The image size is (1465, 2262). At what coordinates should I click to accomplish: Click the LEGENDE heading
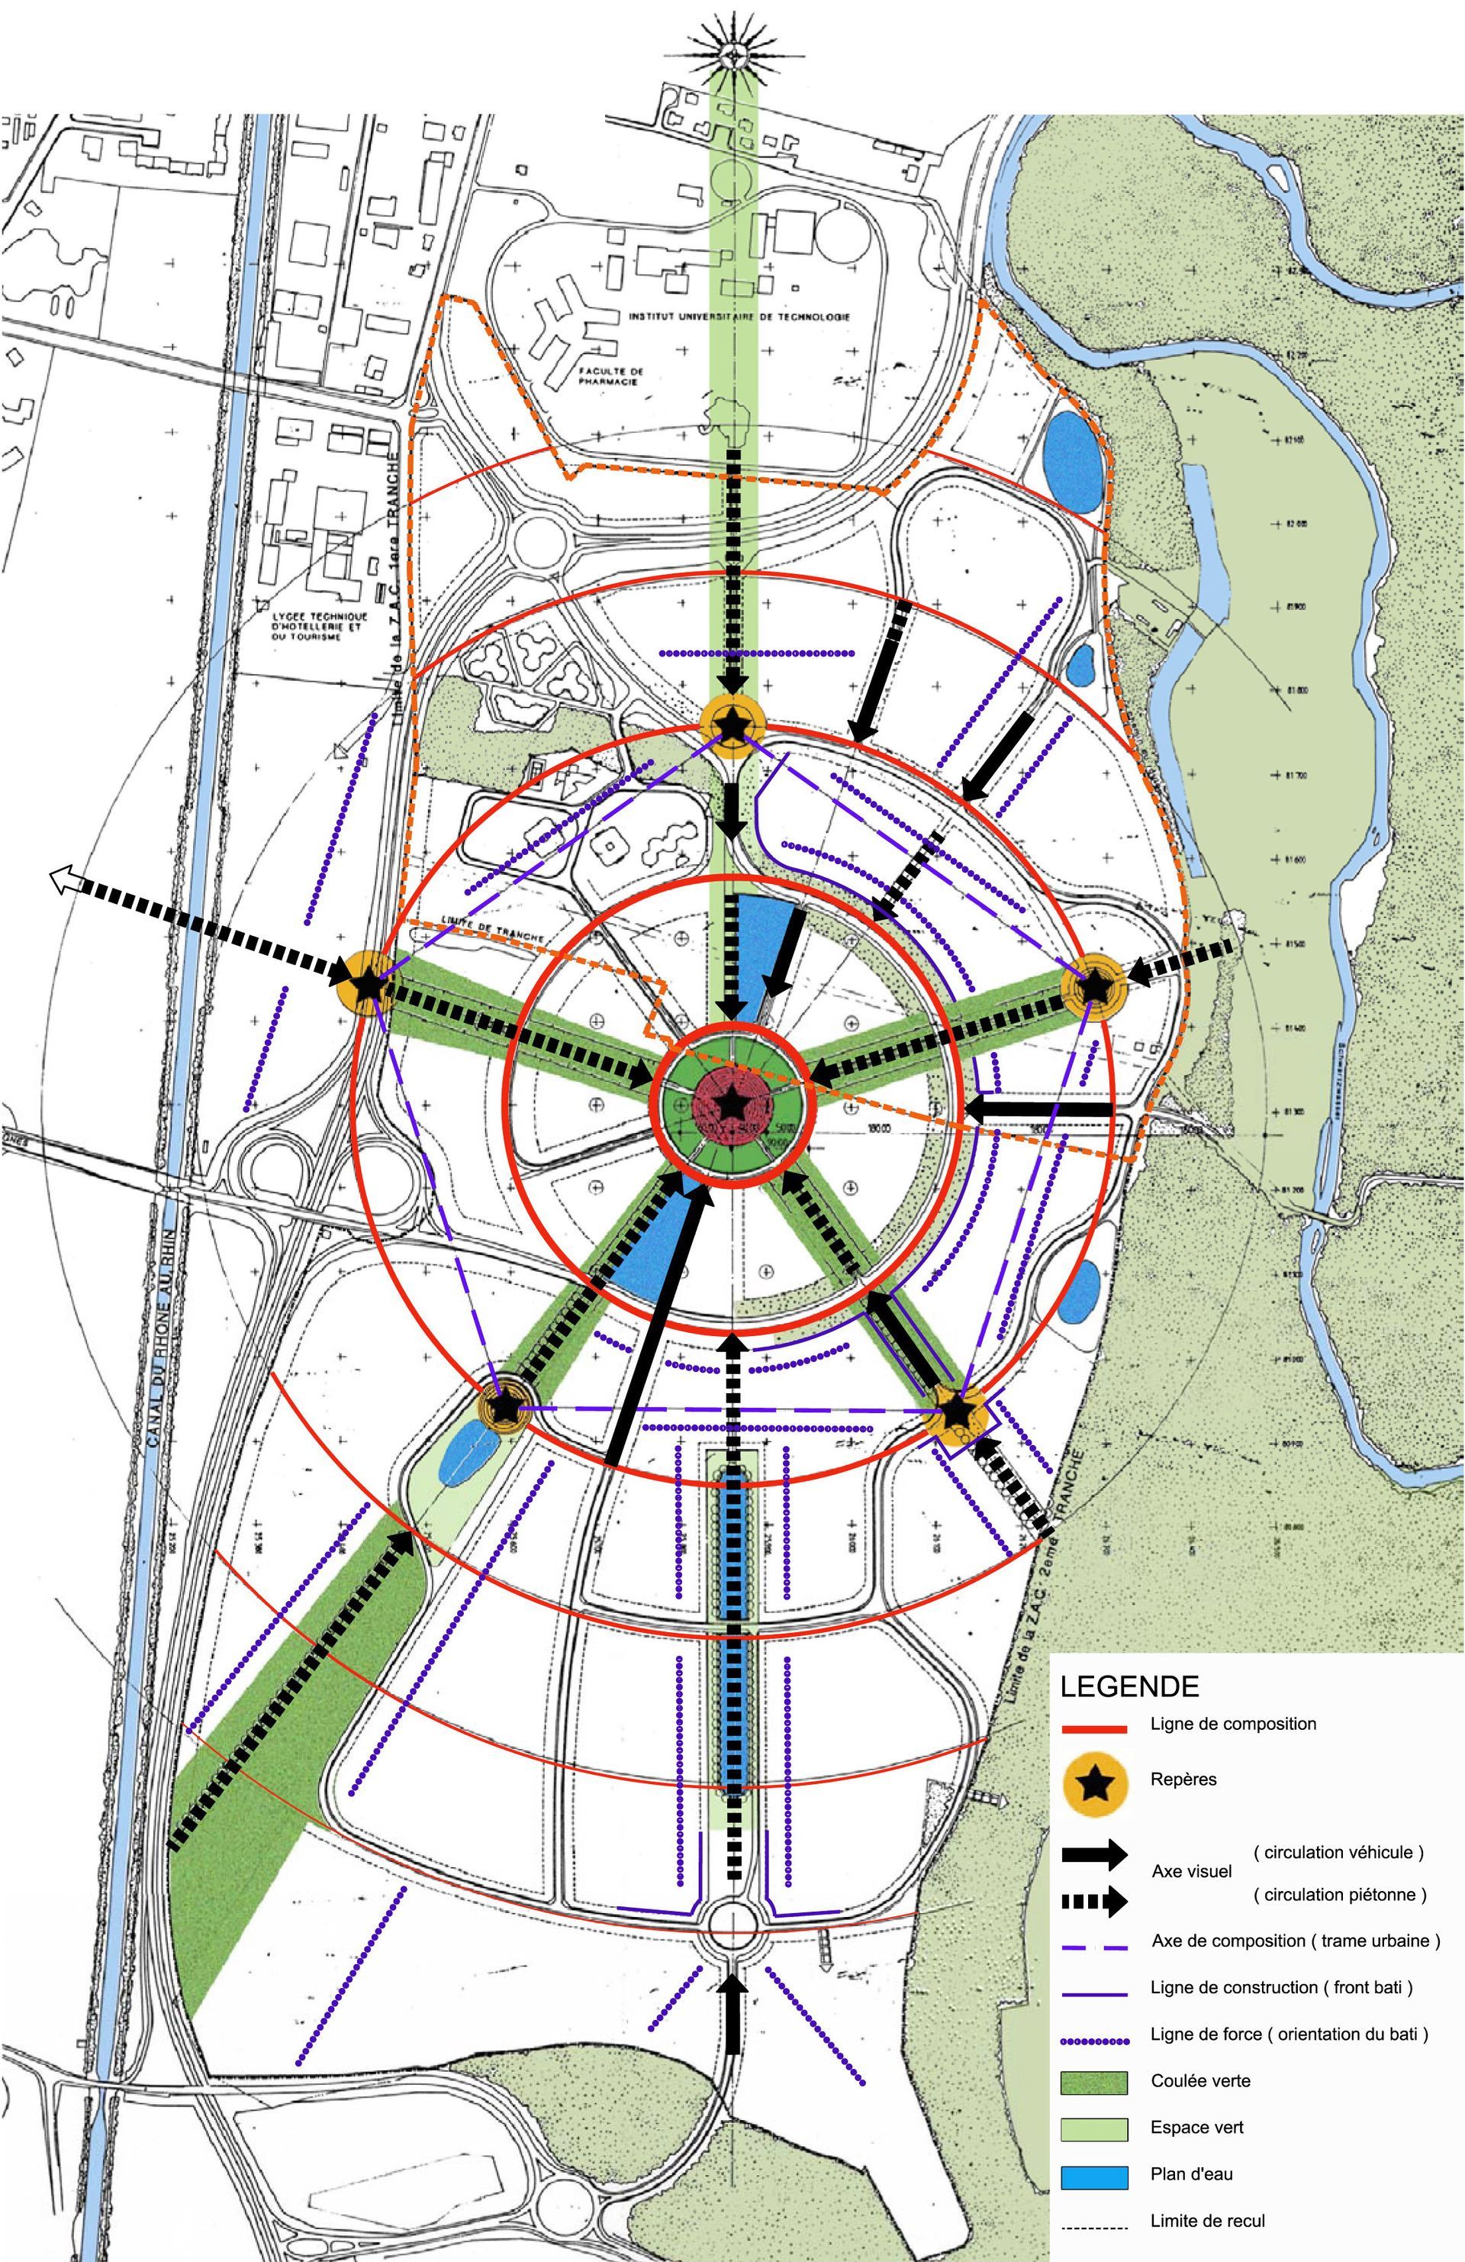point(1129,1686)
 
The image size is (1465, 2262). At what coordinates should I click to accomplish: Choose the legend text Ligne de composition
point(1232,1723)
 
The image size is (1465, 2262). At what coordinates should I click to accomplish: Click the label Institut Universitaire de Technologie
point(739,317)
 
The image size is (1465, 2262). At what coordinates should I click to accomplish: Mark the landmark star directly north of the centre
point(732,726)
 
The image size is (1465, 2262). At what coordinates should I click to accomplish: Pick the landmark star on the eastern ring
point(1093,989)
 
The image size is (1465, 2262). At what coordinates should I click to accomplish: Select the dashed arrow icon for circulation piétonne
point(1093,1902)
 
